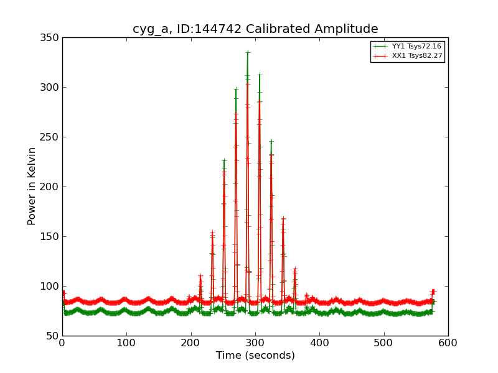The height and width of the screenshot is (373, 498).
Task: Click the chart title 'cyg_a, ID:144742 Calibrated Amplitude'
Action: point(255,29)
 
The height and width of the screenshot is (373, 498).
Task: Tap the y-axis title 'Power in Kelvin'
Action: point(32,186)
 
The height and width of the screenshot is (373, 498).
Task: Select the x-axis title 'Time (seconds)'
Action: point(255,356)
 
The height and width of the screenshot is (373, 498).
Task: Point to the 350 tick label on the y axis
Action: point(49,37)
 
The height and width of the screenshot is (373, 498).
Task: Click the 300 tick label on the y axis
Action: point(49,87)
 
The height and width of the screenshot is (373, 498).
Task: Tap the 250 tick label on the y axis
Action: point(49,137)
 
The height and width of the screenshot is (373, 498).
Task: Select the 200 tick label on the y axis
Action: point(49,186)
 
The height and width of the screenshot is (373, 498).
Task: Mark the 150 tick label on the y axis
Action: point(49,236)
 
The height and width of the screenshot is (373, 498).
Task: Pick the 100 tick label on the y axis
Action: point(49,286)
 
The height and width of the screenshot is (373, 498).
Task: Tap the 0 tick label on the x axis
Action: point(62,343)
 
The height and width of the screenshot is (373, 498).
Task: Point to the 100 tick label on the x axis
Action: point(126,343)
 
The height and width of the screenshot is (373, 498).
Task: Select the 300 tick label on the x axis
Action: point(255,343)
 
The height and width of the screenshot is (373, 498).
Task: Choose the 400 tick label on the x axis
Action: point(319,343)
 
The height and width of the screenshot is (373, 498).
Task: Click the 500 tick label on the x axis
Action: point(384,343)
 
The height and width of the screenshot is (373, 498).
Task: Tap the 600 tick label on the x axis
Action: point(448,343)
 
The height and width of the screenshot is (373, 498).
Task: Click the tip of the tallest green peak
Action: point(247,52)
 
